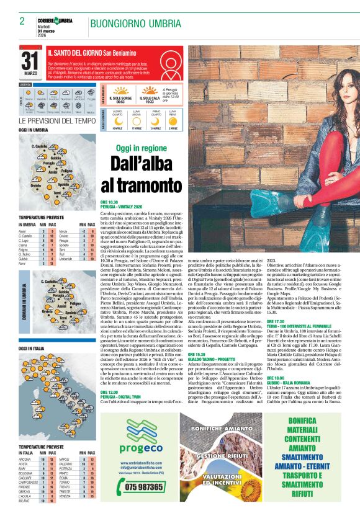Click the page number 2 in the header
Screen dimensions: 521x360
[22, 20]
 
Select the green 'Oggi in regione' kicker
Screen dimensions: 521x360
[142, 148]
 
